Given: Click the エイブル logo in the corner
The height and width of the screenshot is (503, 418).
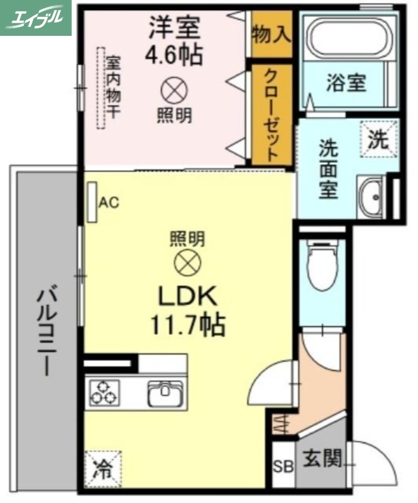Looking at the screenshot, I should [36, 18].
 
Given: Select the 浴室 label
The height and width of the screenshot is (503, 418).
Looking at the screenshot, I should [346, 82].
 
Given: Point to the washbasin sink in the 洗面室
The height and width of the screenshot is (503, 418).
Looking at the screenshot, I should [371, 196].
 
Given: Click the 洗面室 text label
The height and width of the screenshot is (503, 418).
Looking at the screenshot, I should [327, 170].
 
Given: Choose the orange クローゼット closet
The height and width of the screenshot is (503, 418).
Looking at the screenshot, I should [271, 114].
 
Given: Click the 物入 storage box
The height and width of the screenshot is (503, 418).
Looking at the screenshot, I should [271, 35].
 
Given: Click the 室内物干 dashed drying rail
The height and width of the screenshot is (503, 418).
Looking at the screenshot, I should [101, 88].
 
